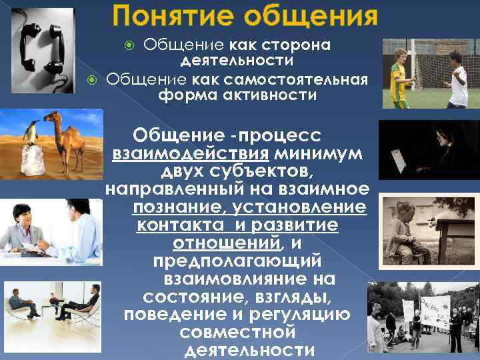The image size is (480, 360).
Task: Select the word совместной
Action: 237,331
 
